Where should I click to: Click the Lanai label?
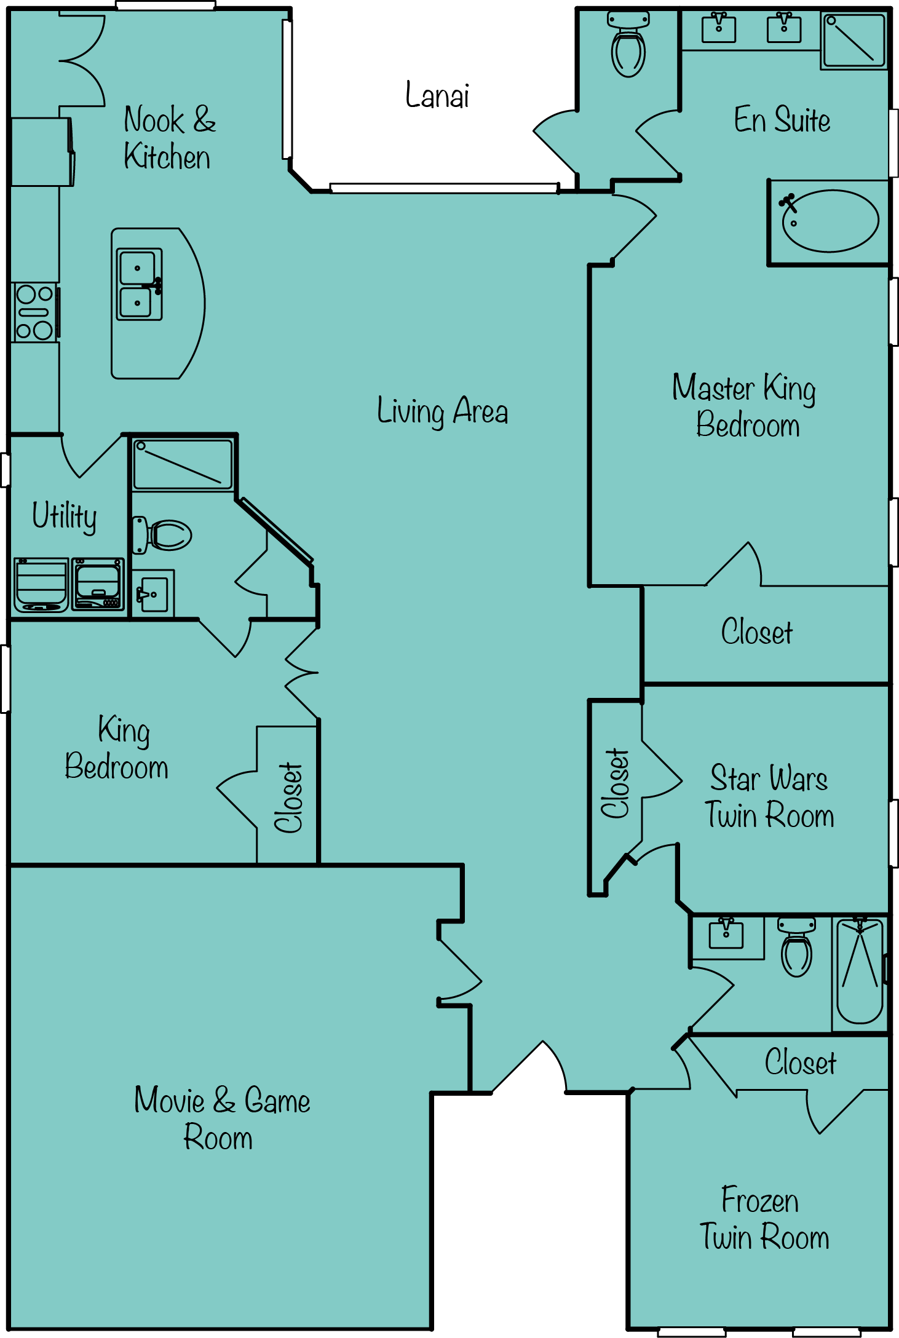point(437,95)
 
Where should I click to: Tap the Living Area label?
point(443,411)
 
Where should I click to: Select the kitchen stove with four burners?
point(35,312)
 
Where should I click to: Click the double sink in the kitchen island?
point(140,284)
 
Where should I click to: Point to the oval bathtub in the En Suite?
point(830,221)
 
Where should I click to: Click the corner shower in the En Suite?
point(854,41)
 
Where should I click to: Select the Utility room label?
point(65,517)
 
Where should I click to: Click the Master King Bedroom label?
point(745,406)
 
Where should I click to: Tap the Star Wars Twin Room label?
point(769,796)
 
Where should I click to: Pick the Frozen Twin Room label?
point(764,1218)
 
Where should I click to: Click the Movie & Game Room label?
point(222,1118)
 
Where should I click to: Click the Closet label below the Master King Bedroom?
point(757,631)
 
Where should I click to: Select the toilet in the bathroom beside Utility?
point(162,535)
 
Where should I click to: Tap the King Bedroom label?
point(117,748)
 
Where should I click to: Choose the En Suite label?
point(782,119)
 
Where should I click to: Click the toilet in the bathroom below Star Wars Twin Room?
point(796,948)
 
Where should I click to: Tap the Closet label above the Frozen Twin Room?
point(801,1062)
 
